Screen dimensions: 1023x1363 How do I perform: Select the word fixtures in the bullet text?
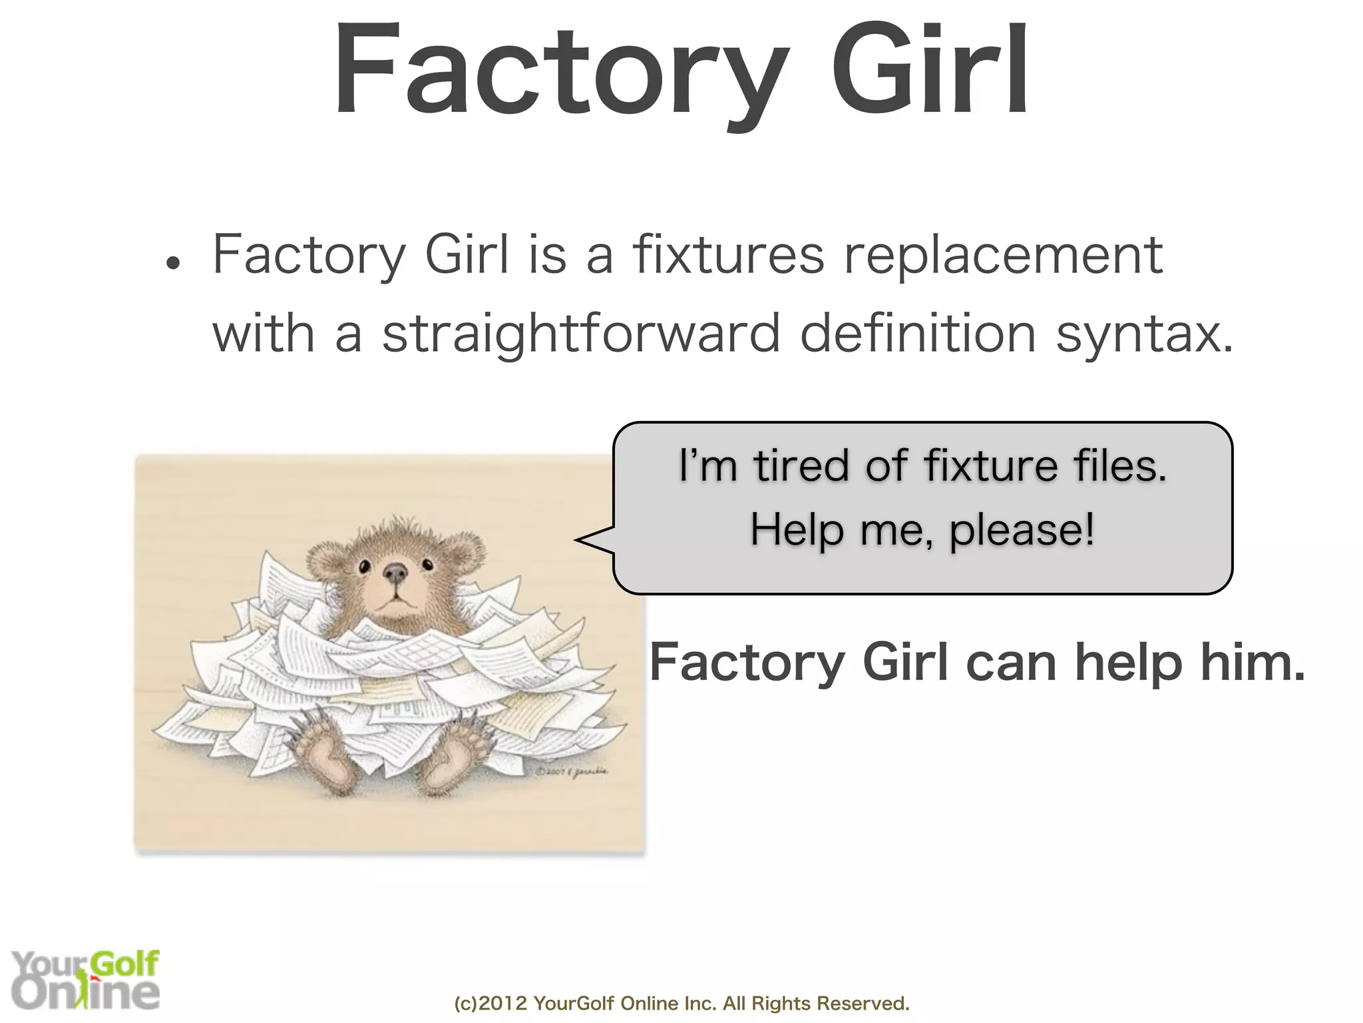pos(728,255)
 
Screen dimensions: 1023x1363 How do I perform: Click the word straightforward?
pos(580,333)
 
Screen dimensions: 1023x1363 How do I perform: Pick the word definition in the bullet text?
pos(918,333)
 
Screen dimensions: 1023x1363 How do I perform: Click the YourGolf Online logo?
pos(85,979)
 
